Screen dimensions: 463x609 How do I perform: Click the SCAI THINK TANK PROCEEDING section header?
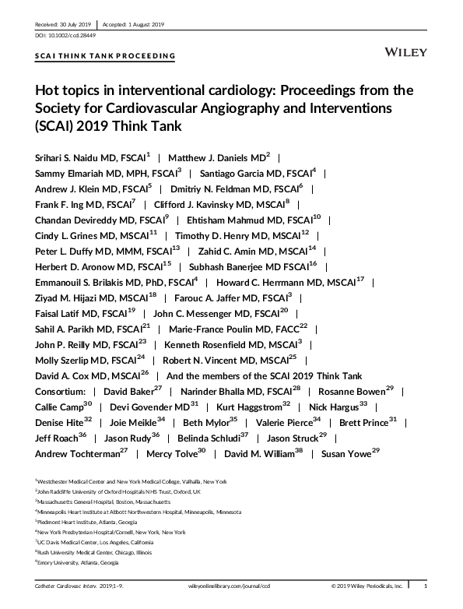tap(105, 56)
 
